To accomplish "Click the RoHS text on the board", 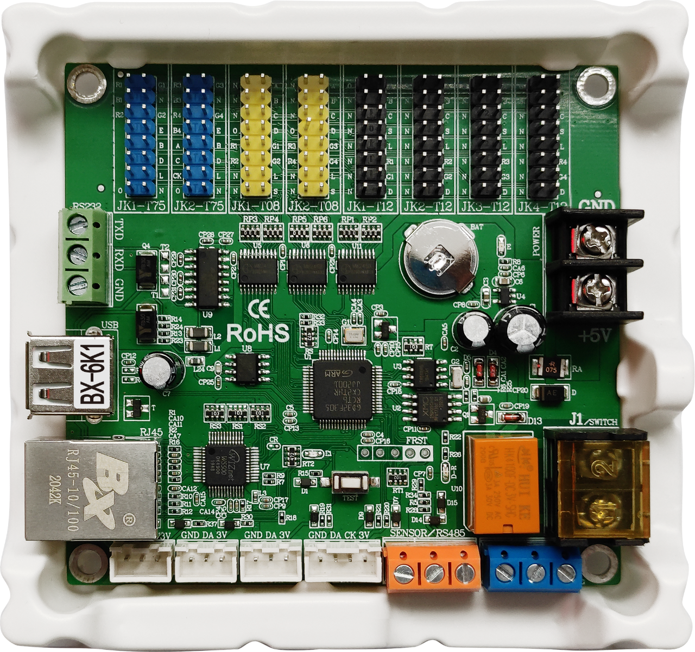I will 257,333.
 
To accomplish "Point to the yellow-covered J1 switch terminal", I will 597,483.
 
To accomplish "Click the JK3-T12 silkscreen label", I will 485,206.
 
